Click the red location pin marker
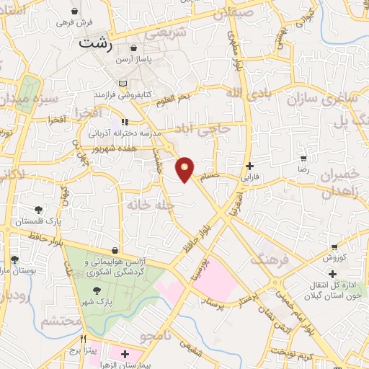(x=186, y=169)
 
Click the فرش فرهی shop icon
(x=76, y=12)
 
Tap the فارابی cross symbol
(x=249, y=165)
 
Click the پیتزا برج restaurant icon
(x=84, y=339)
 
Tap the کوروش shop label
(x=334, y=257)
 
